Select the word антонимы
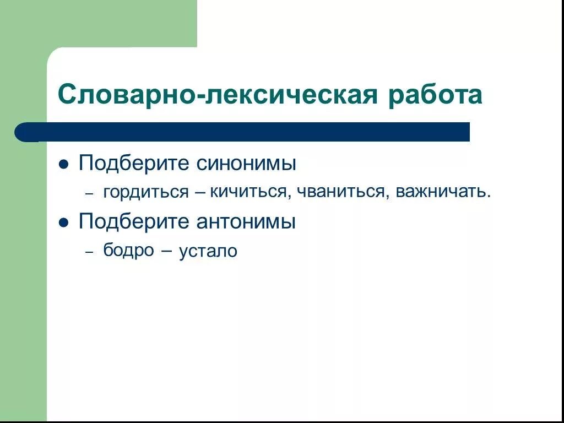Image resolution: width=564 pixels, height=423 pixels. point(246,222)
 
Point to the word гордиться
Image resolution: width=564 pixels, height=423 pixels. point(146,192)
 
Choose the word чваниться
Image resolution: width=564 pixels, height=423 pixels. point(341,192)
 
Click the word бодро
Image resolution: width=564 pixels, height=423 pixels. point(129,251)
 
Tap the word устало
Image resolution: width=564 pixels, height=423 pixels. point(208,252)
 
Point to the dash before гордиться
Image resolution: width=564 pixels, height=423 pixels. point(89,194)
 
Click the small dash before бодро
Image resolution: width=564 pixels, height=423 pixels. point(89,252)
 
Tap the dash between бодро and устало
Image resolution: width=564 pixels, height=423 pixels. point(167,251)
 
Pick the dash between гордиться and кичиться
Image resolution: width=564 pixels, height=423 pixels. point(200,193)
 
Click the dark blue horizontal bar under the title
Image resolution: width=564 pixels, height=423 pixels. point(248,132)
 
